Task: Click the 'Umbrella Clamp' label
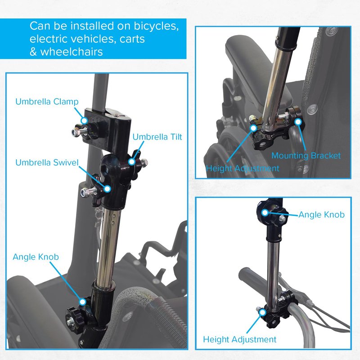click(47, 102)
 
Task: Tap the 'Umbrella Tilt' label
click(157, 137)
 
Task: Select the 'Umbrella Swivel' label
click(47, 162)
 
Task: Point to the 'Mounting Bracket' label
click(306, 156)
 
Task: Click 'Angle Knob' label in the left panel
click(36, 257)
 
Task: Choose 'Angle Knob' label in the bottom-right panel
click(321, 215)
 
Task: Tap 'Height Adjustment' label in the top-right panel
click(243, 168)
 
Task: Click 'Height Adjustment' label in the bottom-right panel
click(240, 340)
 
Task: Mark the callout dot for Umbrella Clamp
click(85, 121)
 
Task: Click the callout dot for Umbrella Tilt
click(131, 162)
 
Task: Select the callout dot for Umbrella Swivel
click(107, 189)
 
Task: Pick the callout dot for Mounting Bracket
click(298, 122)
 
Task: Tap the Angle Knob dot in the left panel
click(83, 301)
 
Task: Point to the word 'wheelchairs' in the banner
click(72, 52)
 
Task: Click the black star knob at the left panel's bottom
click(75, 320)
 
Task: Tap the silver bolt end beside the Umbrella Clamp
click(76, 132)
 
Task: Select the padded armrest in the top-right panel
click(257, 76)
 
